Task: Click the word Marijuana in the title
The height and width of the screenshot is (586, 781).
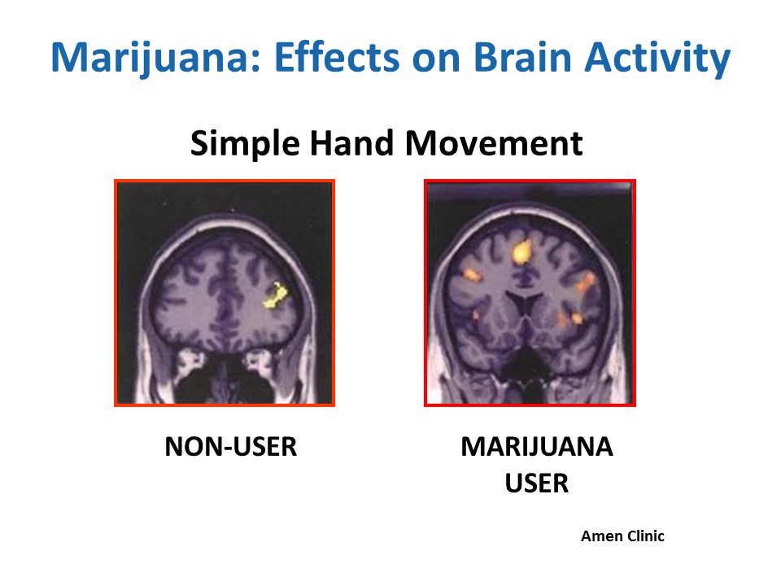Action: pyautogui.click(x=156, y=58)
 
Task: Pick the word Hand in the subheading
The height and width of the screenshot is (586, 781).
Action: pyautogui.click(x=352, y=143)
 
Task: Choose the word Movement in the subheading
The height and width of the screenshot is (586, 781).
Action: pyautogui.click(x=494, y=143)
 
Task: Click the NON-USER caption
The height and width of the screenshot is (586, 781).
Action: pyautogui.click(x=230, y=447)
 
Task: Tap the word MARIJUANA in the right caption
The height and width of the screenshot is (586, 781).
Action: pyautogui.click(x=537, y=447)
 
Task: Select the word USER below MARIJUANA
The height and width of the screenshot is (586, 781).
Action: pyautogui.click(x=537, y=483)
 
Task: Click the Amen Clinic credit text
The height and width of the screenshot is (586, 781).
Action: pyautogui.click(x=622, y=536)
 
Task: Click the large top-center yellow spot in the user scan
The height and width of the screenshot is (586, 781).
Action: pyautogui.click(x=521, y=251)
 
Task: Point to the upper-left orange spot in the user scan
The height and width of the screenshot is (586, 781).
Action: pyautogui.click(x=472, y=274)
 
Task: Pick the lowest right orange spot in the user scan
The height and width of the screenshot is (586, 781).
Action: pyautogui.click(x=578, y=317)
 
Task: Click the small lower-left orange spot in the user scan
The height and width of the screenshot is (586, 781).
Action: pyautogui.click(x=476, y=316)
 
